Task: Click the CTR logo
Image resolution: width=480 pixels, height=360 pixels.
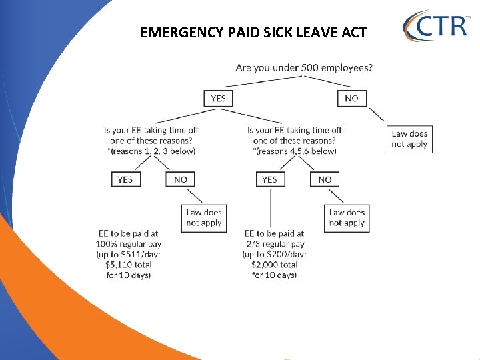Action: coord(436,26)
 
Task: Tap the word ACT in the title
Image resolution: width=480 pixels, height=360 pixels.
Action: coord(353,32)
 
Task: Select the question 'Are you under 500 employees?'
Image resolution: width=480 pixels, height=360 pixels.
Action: coord(304,67)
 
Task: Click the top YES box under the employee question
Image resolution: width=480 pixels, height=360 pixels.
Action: coord(218,98)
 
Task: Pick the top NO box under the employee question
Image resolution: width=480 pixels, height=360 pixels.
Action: coord(351,98)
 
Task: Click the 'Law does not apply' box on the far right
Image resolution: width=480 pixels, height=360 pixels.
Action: coord(409,139)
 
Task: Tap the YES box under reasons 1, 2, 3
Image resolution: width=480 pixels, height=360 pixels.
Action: coord(125,179)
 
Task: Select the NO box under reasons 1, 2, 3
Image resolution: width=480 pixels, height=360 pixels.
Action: coord(180,179)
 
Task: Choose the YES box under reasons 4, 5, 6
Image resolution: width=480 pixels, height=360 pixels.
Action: coord(269,179)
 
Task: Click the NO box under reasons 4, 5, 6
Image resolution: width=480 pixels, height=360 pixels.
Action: coord(325,179)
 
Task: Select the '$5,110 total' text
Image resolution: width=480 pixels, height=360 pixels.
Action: coord(128,265)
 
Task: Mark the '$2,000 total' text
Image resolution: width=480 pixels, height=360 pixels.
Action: coord(274,265)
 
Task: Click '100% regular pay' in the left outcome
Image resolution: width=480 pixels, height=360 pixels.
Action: coord(129,244)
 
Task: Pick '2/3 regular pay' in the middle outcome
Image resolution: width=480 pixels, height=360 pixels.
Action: coord(274,244)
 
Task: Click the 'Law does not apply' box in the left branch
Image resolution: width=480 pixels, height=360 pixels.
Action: coord(204,217)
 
